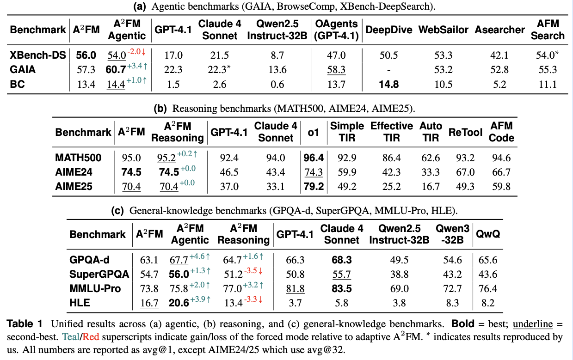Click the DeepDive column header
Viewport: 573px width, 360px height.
coord(388,30)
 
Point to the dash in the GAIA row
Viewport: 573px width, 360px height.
coord(388,70)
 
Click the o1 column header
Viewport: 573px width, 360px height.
coord(313,132)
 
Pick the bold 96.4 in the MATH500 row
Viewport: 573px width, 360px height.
coord(313,158)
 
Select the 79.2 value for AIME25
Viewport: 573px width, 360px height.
coord(313,187)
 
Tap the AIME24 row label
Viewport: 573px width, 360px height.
coord(74,173)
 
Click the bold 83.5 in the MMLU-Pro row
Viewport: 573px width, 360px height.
coord(341,289)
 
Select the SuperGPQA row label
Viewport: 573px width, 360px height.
coord(99,275)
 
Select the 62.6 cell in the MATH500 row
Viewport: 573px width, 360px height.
coord(431,158)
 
